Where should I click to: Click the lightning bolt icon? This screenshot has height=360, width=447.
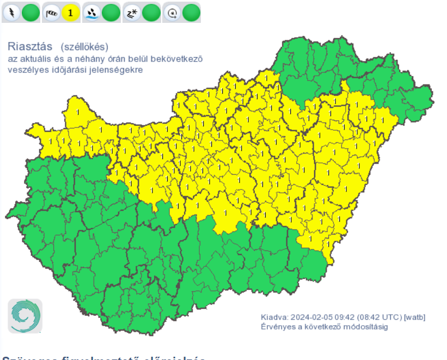11,12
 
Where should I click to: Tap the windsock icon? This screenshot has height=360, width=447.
52,12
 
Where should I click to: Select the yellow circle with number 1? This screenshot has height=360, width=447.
71,12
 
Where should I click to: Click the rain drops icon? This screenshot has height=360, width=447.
92,12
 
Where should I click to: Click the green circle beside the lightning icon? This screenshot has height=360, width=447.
30,12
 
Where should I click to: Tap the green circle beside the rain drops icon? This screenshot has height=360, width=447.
111,12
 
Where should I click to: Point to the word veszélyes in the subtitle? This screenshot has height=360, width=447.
25,70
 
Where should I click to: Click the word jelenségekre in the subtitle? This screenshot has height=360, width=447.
118,70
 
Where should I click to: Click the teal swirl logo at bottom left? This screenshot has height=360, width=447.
25,316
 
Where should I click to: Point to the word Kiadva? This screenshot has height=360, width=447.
274,317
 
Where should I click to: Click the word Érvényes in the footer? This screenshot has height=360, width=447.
277,326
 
